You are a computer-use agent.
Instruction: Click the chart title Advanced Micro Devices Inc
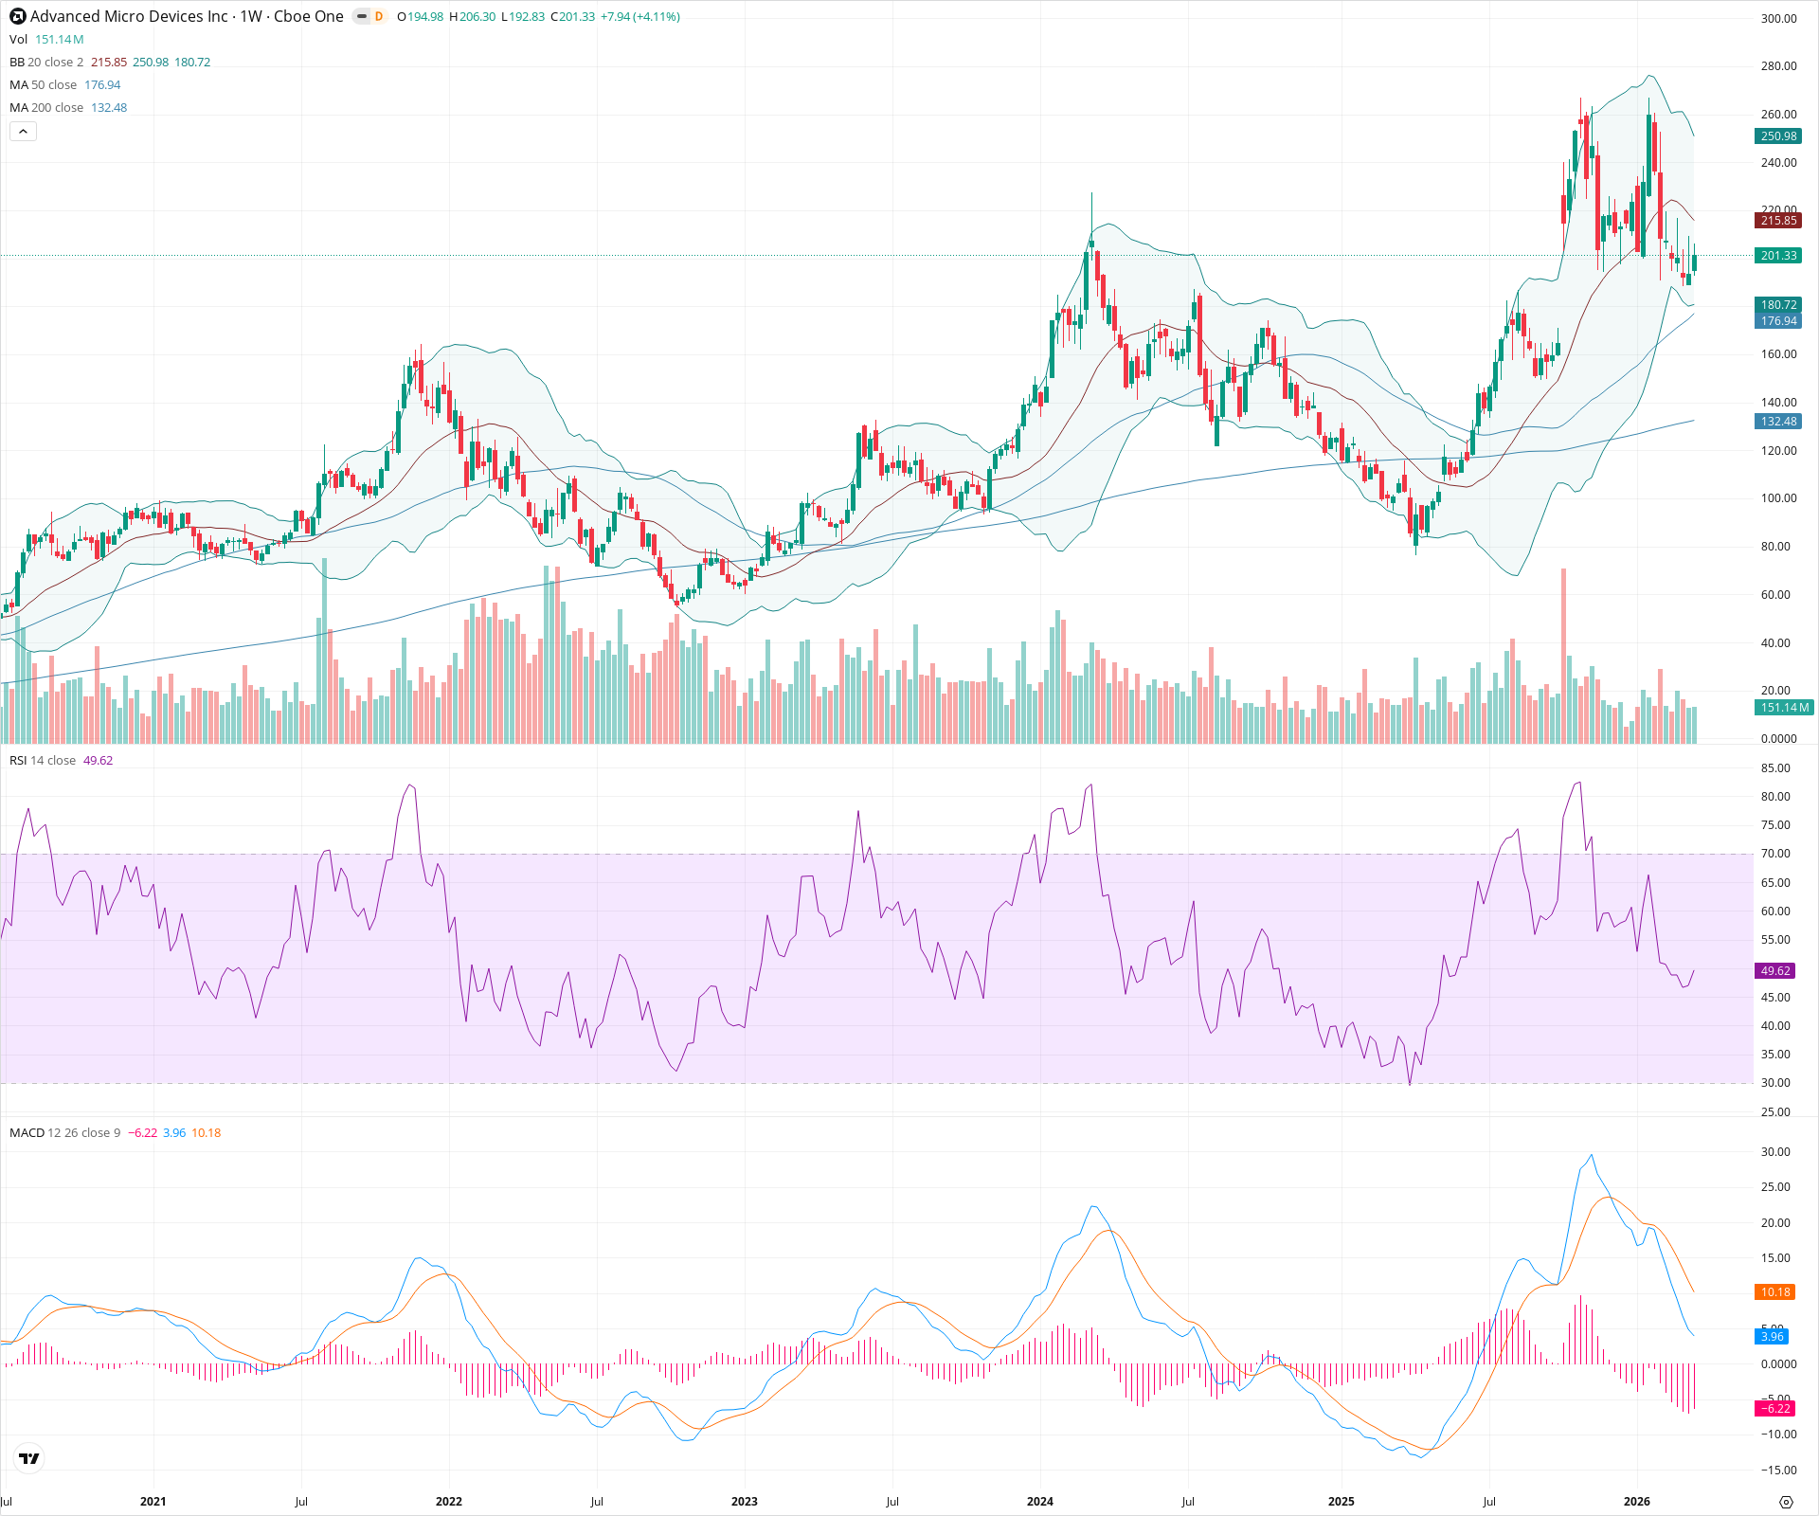129,16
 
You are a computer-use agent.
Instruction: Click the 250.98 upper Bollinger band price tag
1778,136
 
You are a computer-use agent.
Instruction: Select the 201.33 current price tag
1778,256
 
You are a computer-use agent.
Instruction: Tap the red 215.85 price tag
1778,221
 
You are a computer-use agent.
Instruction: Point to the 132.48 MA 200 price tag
1778,422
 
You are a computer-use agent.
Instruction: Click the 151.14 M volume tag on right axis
1784,708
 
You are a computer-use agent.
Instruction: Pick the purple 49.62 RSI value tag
1775,971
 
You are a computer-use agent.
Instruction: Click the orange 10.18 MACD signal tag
1775,1292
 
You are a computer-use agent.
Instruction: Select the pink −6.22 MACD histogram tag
1774,1409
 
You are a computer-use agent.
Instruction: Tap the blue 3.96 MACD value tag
1772,1337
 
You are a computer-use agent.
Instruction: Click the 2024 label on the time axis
1039,1502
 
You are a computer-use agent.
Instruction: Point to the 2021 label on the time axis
153,1502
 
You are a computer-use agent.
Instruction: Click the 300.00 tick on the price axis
1778,19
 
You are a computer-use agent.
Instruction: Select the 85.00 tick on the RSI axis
1775,768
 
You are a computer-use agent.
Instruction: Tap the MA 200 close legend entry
46,108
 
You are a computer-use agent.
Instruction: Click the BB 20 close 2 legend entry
46,63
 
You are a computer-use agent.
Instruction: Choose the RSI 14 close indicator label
43,761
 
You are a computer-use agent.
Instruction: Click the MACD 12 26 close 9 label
64,1133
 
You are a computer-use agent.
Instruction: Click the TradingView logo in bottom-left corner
29,1458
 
